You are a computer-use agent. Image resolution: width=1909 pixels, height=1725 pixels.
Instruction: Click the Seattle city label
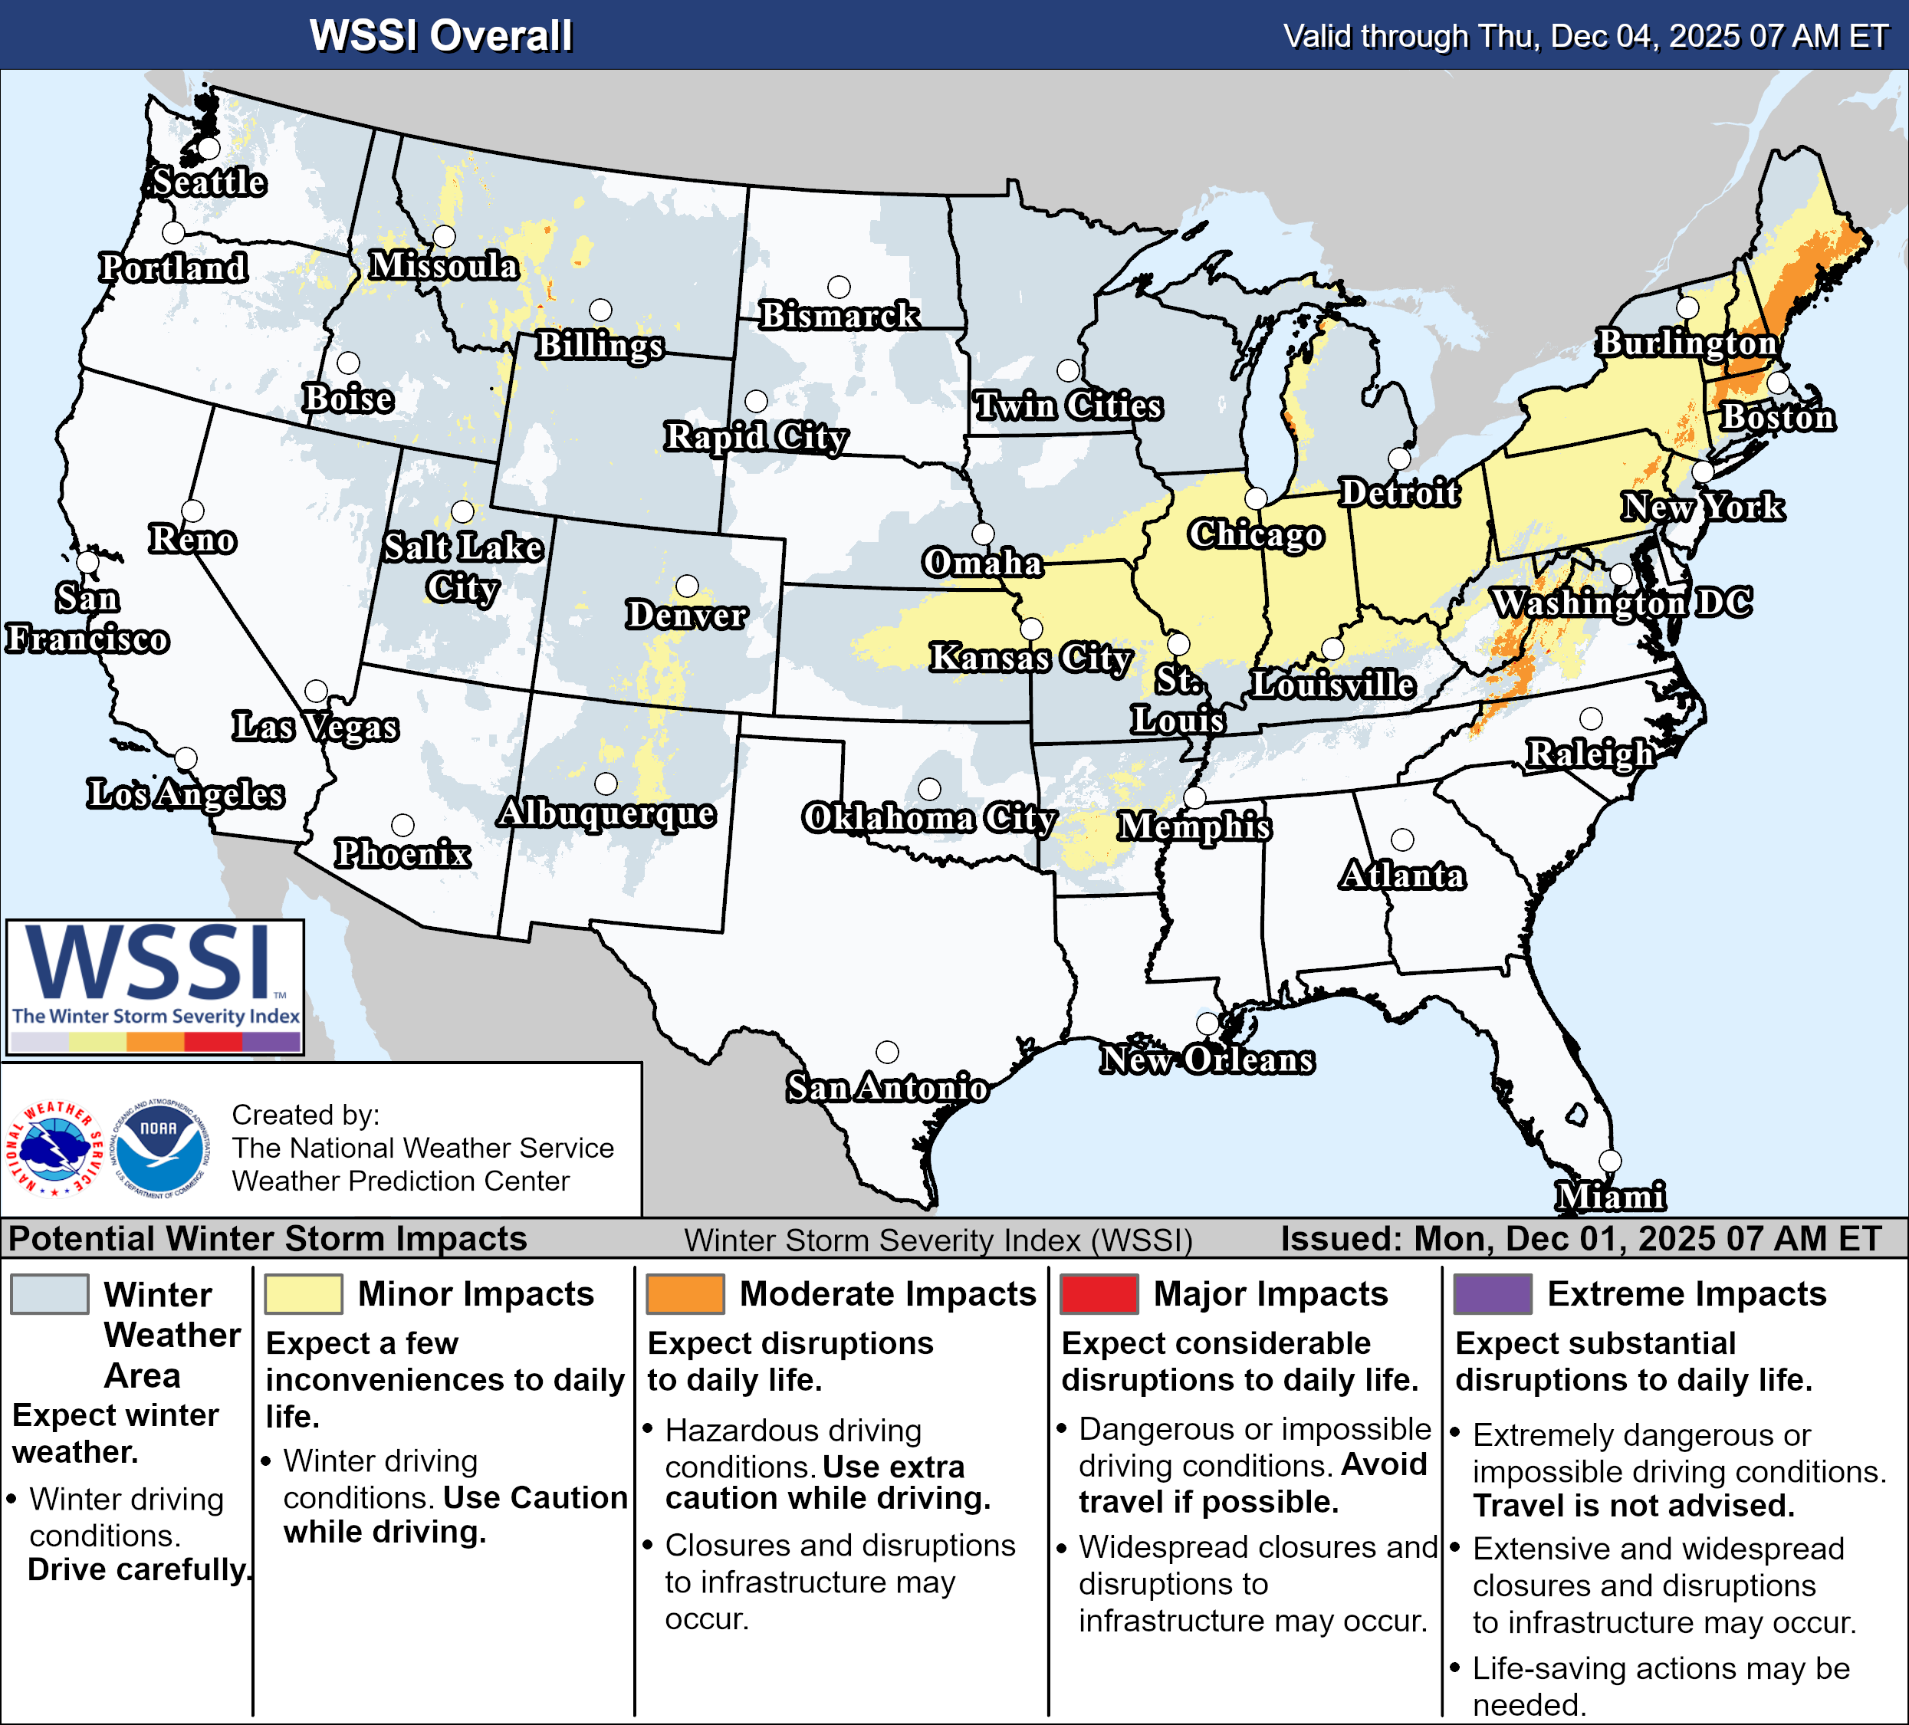[x=209, y=182]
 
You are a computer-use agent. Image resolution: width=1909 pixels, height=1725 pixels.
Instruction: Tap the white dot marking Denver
[x=688, y=586]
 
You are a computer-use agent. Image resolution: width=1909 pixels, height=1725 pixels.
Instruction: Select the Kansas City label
[x=1030, y=656]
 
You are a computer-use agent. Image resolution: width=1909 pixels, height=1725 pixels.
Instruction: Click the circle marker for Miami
[x=1610, y=1161]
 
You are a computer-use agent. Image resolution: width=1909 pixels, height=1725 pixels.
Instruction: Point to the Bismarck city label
[x=839, y=314]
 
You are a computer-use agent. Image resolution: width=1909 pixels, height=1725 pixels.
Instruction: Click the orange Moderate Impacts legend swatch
[x=685, y=1293]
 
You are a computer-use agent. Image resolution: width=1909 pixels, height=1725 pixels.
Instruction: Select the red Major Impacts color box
[x=1099, y=1293]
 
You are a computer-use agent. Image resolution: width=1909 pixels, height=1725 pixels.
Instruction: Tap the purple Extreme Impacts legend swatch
[x=1493, y=1293]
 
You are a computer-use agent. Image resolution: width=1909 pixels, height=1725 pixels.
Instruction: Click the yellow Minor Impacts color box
[x=303, y=1293]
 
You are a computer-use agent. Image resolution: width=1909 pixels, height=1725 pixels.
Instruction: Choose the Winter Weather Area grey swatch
[x=49, y=1293]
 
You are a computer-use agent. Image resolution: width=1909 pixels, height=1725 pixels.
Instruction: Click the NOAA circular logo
[x=159, y=1148]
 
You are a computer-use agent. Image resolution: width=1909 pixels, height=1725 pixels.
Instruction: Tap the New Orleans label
[x=1207, y=1059]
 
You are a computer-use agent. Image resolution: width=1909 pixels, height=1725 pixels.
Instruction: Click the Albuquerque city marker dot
[x=606, y=784]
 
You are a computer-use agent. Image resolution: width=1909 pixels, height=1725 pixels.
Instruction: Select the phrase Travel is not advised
[x=1634, y=1506]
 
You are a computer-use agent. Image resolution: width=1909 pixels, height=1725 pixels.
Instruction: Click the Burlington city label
[x=1687, y=342]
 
